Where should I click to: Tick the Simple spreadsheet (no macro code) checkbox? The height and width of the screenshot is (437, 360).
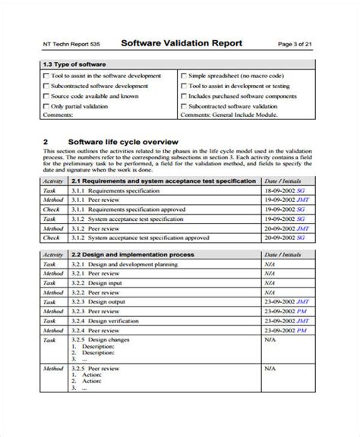(185, 77)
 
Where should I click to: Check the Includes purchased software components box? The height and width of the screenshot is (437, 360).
(185, 96)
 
